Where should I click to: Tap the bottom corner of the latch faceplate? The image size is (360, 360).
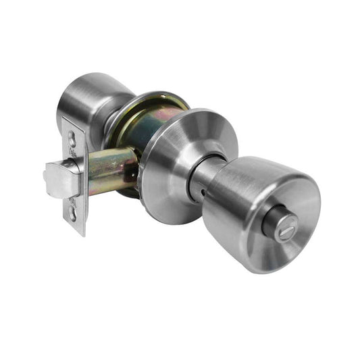[x=84, y=234]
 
